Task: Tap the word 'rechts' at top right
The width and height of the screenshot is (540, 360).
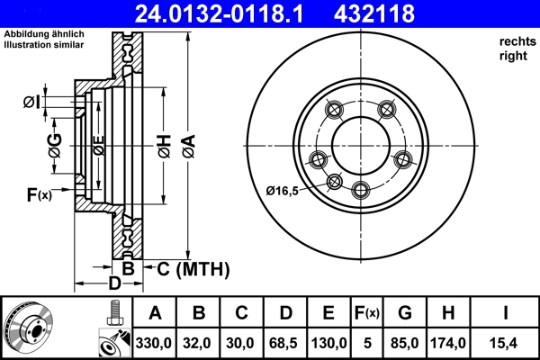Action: [516, 42]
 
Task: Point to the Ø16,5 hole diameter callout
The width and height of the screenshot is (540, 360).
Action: [283, 190]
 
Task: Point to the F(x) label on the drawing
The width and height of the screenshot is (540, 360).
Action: [40, 194]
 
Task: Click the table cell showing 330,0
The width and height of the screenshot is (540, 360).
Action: [155, 343]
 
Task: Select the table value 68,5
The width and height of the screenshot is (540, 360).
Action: [284, 343]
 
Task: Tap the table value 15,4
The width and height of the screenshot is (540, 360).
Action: [507, 343]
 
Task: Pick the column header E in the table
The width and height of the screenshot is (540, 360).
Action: [328, 314]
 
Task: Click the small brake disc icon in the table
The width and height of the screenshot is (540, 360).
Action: [30, 327]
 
